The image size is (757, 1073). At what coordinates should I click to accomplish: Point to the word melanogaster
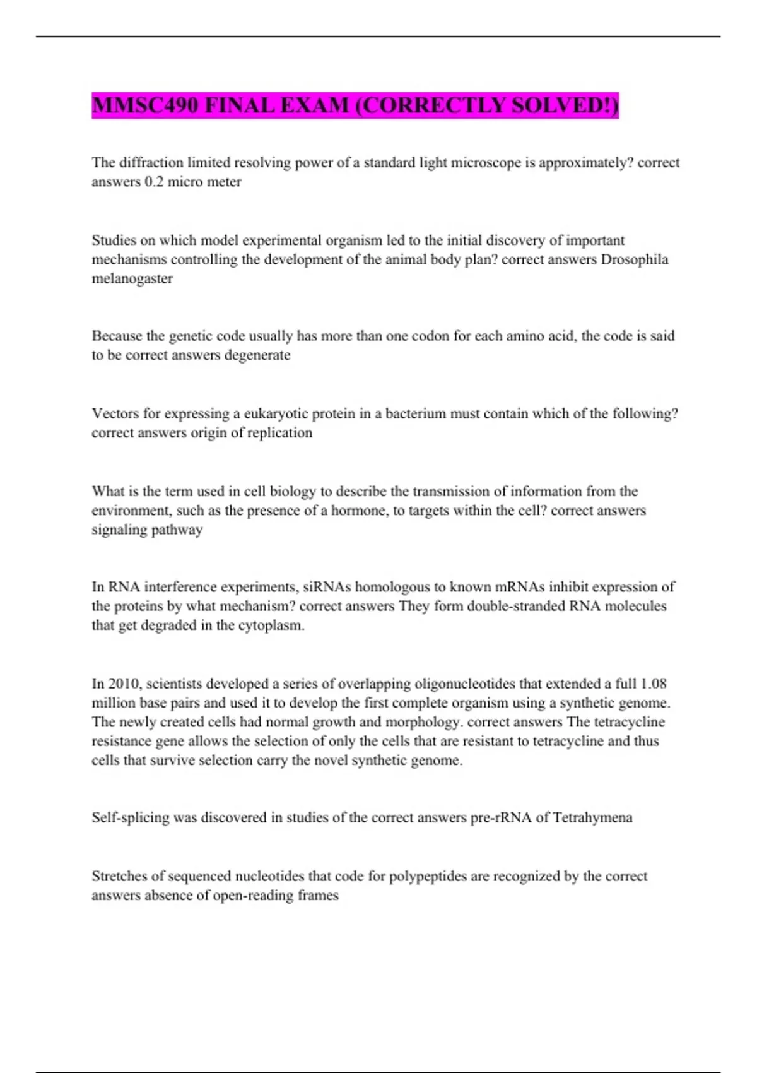[132, 278]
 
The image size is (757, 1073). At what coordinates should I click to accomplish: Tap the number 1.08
[653, 684]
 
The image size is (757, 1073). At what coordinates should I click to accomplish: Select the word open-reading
[253, 895]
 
